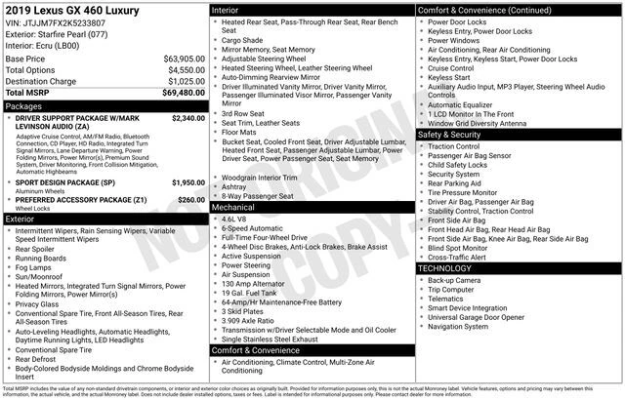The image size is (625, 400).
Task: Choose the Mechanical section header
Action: tap(234, 208)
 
